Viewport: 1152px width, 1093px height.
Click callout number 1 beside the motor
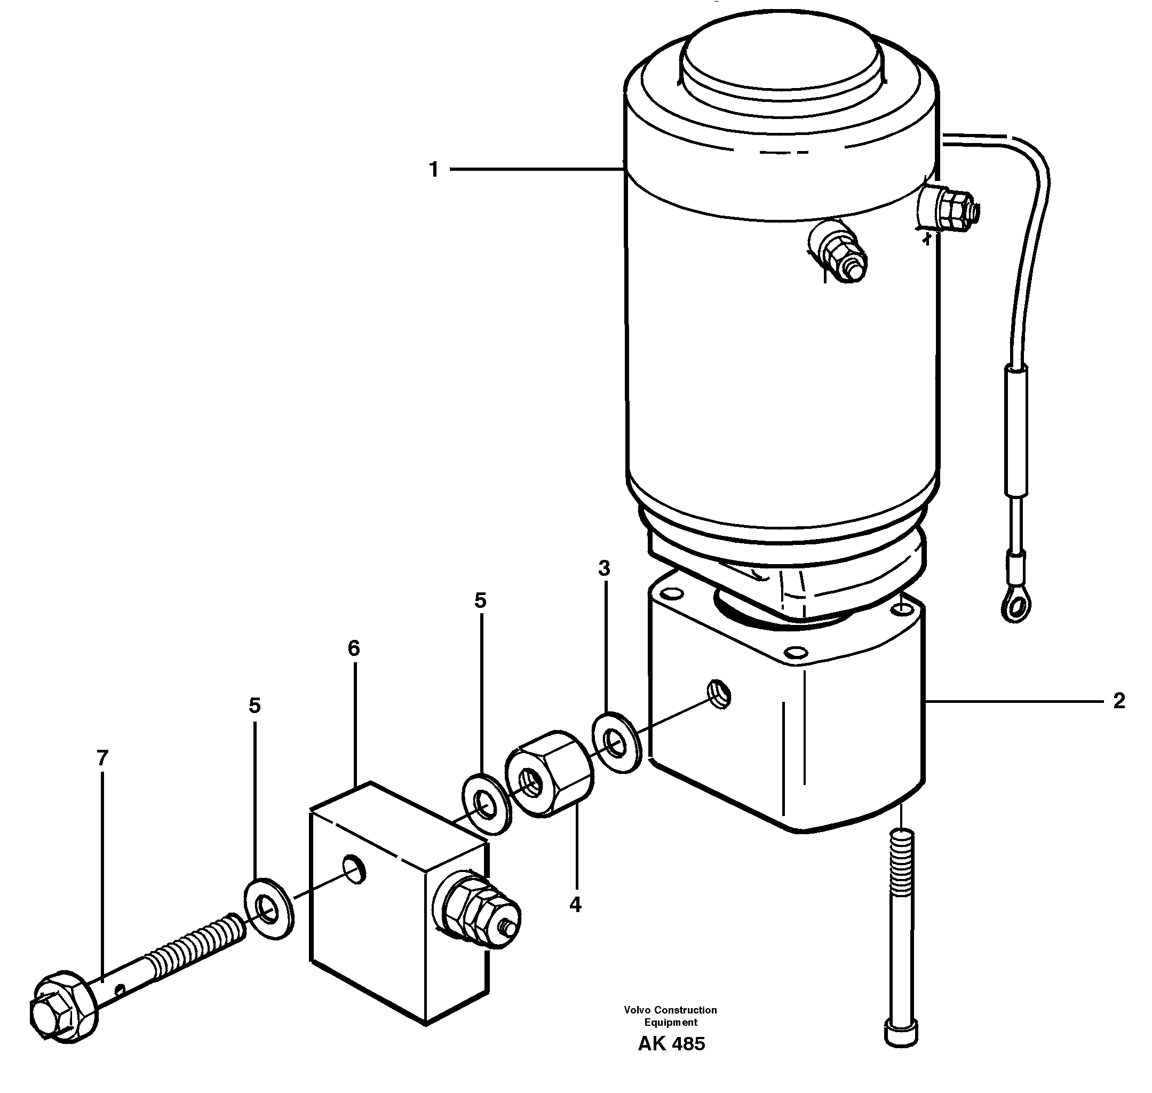tap(433, 170)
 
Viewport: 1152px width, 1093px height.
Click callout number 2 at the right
tap(1119, 701)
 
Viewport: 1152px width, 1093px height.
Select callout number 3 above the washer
tap(604, 568)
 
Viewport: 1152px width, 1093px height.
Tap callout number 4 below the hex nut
tap(575, 904)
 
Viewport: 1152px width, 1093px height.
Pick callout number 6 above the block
tap(354, 648)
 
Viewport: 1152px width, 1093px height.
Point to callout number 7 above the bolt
tap(102, 758)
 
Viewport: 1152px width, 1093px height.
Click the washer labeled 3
tap(616, 742)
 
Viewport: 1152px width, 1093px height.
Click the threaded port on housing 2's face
tap(719, 694)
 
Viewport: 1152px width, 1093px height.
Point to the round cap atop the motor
tap(782, 57)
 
